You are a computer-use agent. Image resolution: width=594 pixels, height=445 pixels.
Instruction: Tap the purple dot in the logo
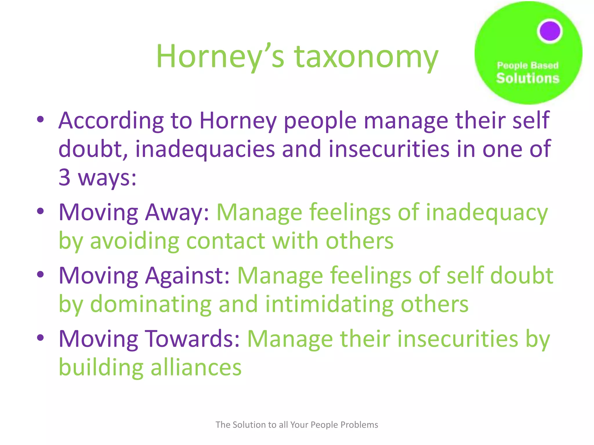tap(550, 31)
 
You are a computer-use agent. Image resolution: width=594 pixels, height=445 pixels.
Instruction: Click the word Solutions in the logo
tap(528, 78)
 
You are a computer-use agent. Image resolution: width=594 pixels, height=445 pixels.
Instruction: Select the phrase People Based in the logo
tap(528, 65)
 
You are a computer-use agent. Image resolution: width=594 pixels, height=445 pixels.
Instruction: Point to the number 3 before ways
tap(64, 177)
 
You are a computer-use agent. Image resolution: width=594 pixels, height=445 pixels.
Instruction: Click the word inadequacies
tap(205, 149)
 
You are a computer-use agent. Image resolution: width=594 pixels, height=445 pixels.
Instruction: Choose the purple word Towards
tap(192, 339)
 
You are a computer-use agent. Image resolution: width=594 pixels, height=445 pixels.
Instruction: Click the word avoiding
tap(135, 241)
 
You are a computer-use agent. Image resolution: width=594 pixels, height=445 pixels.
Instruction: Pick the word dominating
tap(151, 304)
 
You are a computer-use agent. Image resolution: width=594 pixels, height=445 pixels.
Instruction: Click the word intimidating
tap(329, 304)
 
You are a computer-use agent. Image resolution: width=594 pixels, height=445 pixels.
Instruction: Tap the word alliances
tap(196, 367)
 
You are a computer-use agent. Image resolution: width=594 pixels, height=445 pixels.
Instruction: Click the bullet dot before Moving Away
tap(40, 211)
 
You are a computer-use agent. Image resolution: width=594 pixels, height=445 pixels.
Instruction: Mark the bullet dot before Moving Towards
tap(40, 337)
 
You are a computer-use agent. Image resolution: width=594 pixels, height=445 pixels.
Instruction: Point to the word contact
tap(225, 241)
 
